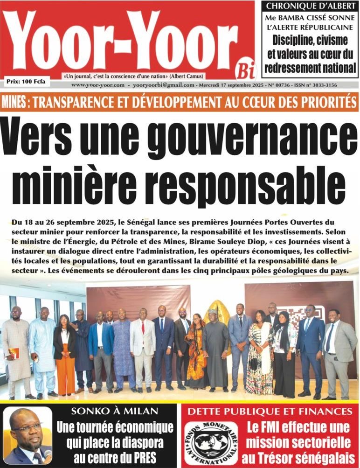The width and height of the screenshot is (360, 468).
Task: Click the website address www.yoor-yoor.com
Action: point(98,85)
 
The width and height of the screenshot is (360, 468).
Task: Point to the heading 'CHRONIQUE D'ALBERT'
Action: point(309,6)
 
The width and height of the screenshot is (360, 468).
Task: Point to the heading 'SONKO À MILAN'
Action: point(114,412)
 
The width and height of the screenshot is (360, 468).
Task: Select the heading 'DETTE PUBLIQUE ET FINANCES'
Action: point(273,412)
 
